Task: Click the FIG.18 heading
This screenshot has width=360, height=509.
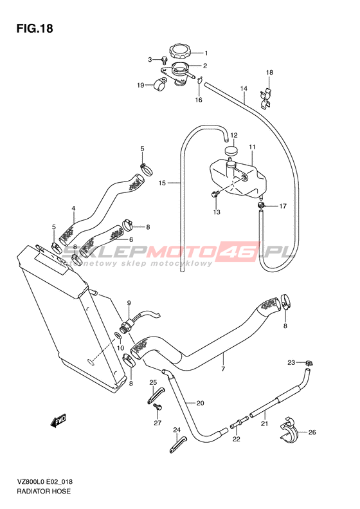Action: coord(35,28)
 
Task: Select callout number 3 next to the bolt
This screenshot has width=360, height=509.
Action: coord(150,59)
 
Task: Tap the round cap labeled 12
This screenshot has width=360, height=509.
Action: coord(231,151)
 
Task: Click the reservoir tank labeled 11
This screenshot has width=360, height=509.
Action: coord(239,178)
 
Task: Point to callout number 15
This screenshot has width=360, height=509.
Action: coord(162,183)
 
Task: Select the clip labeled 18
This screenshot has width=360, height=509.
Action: coord(267,98)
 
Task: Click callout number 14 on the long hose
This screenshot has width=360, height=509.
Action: coord(244,88)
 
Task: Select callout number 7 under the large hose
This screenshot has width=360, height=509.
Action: coord(223,369)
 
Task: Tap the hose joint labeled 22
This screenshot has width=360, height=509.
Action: coord(239,423)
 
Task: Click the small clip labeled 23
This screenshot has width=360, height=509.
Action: coord(308,363)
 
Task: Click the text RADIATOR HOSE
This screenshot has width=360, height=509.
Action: coord(43,491)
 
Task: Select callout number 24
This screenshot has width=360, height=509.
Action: coord(176,430)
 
